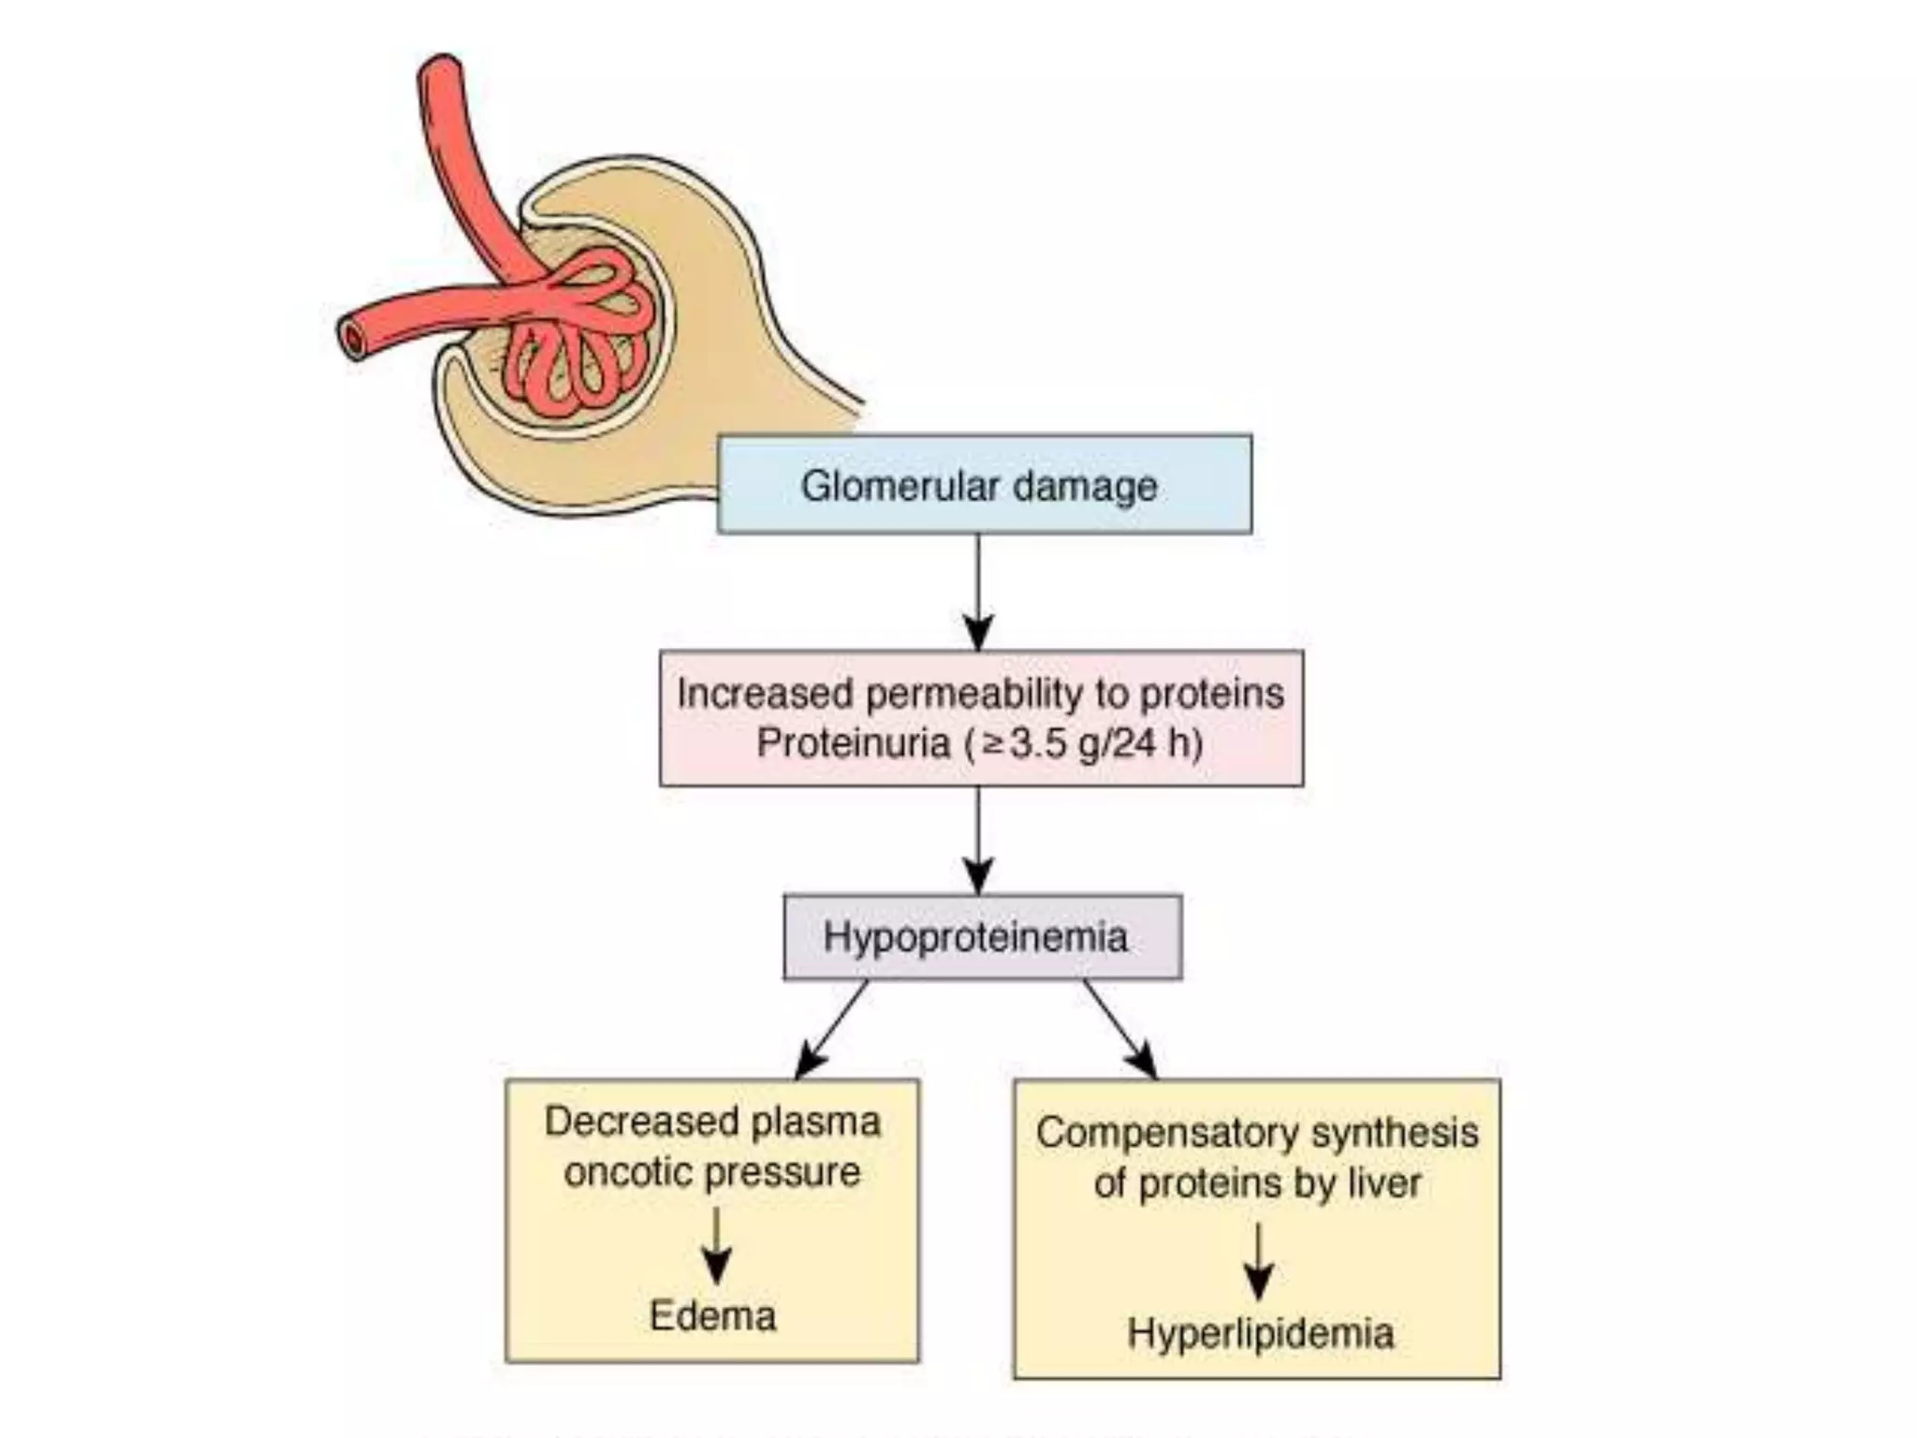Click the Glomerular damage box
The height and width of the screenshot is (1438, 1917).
(x=984, y=484)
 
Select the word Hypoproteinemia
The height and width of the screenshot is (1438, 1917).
(x=975, y=937)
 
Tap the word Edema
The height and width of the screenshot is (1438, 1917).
(x=712, y=1315)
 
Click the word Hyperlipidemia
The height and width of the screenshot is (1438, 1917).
(x=1260, y=1332)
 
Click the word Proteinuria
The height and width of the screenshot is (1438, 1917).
(x=853, y=742)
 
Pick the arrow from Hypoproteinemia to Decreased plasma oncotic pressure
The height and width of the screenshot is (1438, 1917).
(x=831, y=1030)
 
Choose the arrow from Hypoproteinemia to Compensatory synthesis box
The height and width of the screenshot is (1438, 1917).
(x=1120, y=1030)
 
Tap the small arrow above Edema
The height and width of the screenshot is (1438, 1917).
(x=716, y=1245)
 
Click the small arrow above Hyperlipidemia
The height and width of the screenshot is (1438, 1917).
(x=1258, y=1262)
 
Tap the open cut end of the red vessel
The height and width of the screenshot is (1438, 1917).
(x=355, y=339)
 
